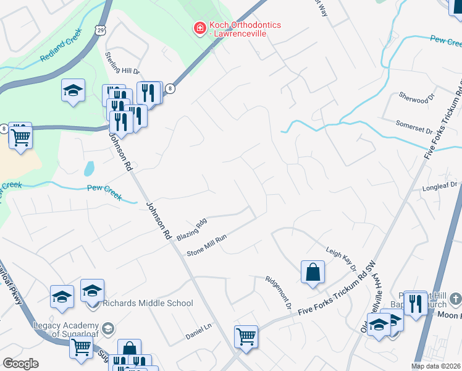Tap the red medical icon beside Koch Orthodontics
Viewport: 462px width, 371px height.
tap(199, 28)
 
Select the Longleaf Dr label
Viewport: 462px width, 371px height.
tap(439, 185)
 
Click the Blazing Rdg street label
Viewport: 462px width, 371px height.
tap(191, 230)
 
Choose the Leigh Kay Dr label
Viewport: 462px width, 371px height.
tap(342, 258)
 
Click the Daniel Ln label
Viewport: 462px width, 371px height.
tap(199, 336)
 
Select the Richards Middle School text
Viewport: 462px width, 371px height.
tap(148, 303)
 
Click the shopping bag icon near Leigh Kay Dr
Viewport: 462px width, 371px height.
tap(313, 272)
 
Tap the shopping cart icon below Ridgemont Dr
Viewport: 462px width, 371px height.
tap(246, 337)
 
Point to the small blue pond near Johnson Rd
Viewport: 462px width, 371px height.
tap(90, 168)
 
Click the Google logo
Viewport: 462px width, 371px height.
tap(20, 364)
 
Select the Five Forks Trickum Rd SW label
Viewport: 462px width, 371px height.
tap(336, 298)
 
